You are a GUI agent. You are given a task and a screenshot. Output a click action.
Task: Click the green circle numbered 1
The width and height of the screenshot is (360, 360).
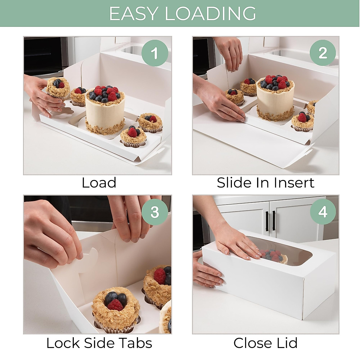pyautogui.click(x=154, y=53)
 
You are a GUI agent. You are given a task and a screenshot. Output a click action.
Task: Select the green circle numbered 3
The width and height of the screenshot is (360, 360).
pyautogui.click(x=154, y=212)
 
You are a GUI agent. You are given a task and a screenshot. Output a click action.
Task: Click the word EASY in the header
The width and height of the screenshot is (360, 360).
pyautogui.click(x=134, y=13)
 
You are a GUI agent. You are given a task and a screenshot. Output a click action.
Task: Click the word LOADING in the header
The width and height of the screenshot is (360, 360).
pyautogui.click(x=211, y=13)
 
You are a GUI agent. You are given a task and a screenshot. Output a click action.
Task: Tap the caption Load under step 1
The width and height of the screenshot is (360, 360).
pyautogui.click(x=99, y=183)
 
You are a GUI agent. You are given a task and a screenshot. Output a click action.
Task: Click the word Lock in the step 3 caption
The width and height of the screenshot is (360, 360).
pyautogui.click(x=63, y=343)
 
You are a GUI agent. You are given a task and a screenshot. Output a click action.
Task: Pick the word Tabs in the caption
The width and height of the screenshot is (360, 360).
pyautogui.click(x=136, y=343)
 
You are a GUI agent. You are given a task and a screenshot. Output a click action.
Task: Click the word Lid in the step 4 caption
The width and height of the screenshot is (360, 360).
pyautogui.click(x=286, y=343)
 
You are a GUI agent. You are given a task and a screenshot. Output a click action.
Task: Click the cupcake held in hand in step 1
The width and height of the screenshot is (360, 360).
pyautogui.click(x=58, y=88)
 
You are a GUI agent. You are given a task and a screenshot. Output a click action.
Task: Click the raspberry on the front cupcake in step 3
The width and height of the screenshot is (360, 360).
pyautogui.click(x=115, y=305)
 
